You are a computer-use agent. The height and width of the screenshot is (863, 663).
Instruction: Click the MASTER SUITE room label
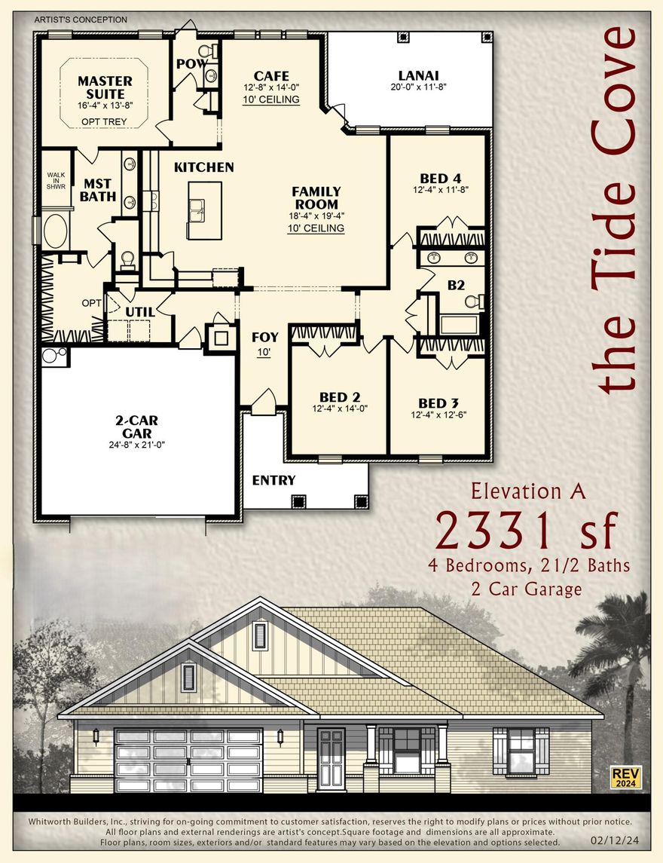coord(105,87)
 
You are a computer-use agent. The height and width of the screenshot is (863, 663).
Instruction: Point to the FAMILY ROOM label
coord(316,197)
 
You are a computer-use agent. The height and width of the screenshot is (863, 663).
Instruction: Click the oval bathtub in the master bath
coord(55,231)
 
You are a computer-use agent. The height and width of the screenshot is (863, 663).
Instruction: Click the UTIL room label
coord(140,311)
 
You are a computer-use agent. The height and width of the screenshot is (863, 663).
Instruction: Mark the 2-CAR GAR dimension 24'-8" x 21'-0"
coord(137,445)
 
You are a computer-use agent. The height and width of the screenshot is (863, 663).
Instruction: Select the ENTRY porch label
coord(273,480)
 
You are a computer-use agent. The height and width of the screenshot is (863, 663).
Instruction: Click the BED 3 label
coord(437,403)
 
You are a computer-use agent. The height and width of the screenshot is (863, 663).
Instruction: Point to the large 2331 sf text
coord(525,532)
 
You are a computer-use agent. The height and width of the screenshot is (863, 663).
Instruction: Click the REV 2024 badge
coord(622,777)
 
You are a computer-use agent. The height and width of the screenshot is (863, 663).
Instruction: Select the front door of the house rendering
coord(330,758)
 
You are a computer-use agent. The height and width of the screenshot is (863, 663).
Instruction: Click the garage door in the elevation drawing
coord(188,760)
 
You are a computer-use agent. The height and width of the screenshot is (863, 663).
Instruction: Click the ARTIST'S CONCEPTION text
coord(81,20)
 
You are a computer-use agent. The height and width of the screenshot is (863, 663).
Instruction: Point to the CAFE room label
coord(271,75)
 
